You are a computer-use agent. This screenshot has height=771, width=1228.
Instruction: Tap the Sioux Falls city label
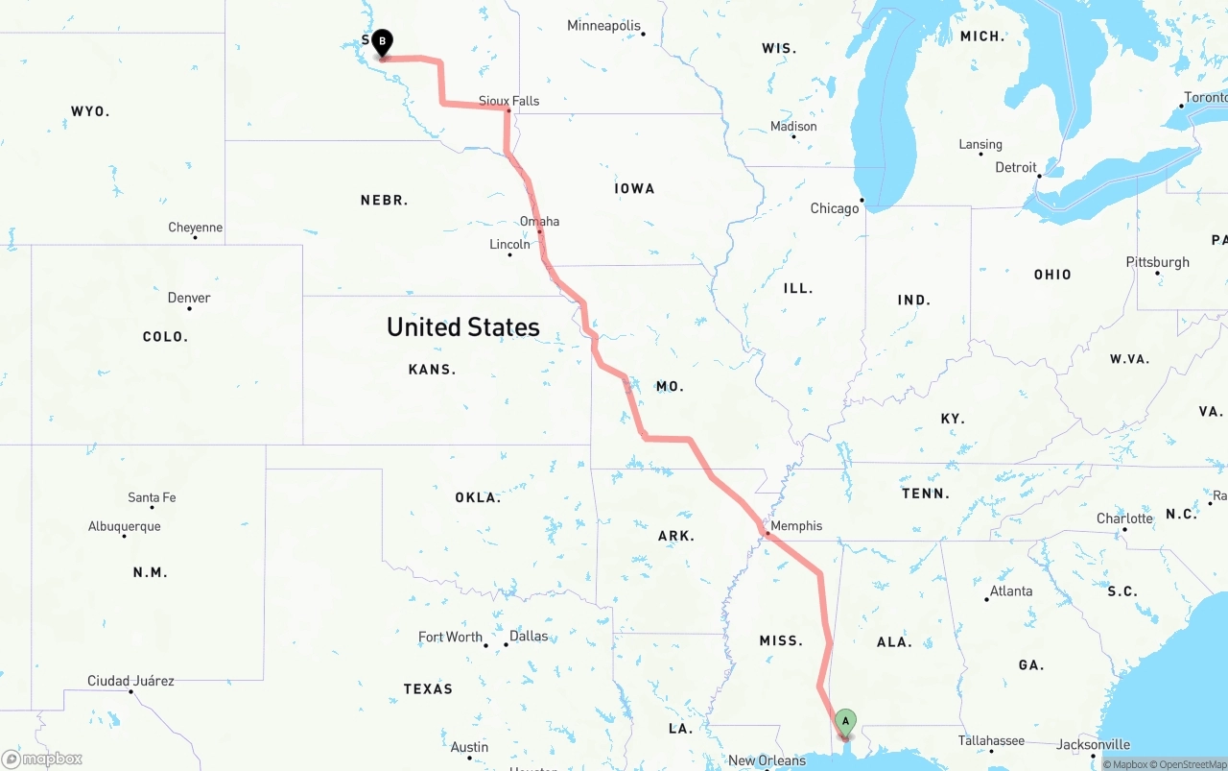[x=508, y=101]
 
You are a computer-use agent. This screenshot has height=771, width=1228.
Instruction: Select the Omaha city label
[x=539, y=222]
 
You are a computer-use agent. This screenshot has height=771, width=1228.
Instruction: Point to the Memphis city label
[x=796, y=526]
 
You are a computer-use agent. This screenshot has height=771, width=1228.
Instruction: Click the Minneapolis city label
[x=603, y=26]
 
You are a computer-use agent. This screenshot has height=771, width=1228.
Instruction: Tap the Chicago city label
[x=835, y=208]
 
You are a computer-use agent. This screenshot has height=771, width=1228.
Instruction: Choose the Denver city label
[x=189, y=298]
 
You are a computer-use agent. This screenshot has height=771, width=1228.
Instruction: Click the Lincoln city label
[x=509, y=245]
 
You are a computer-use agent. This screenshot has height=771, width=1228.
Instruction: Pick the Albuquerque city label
[x=125, y=526]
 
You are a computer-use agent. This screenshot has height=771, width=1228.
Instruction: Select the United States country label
[x=463, y=327]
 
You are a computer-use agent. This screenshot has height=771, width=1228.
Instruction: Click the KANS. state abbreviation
[x=432, y=370]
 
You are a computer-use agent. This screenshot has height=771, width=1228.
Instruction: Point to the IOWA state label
[x=634, y=189]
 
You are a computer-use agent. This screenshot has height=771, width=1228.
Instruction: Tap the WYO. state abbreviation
[x=90, y=112]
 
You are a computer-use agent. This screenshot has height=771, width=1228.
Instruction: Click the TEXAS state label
[x=428, y=688]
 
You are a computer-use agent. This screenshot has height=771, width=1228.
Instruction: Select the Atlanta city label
[x=1011, y=591]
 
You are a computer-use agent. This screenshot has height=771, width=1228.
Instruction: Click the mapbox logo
[x=42, y=759]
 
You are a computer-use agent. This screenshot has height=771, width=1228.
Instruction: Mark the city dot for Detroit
[x=1039, y=176]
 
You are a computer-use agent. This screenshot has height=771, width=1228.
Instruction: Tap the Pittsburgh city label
[x=1158, y=262]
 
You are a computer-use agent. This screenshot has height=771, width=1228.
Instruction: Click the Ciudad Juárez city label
[x=130, y=681]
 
